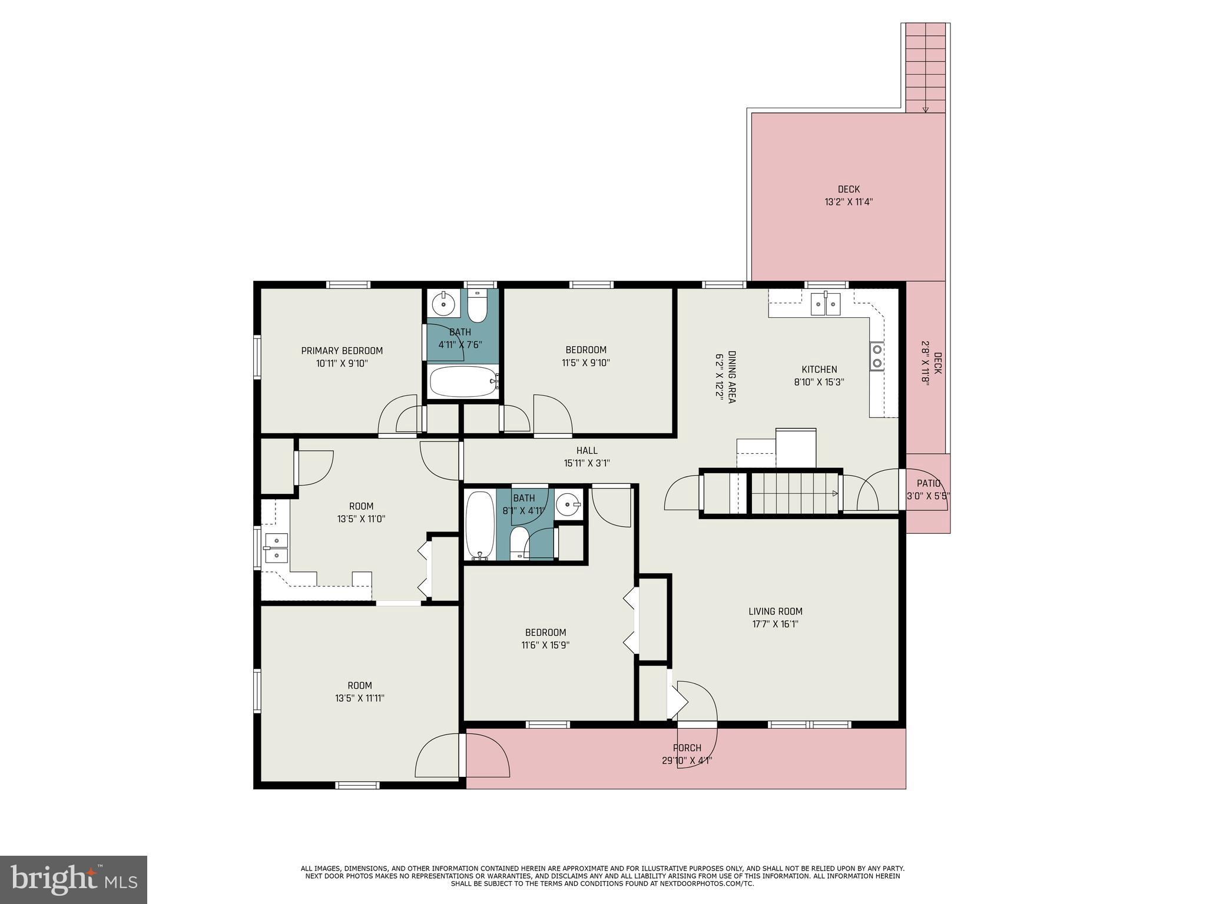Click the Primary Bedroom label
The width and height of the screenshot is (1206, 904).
pos(342,351)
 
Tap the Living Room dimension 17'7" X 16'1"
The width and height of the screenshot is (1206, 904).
pos(775,624)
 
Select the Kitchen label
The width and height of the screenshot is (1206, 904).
pos(819,370)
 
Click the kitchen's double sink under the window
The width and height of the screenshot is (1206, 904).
pos(826,304)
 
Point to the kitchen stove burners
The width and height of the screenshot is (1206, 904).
pos(877,356)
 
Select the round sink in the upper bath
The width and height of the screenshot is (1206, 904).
pos(443,305)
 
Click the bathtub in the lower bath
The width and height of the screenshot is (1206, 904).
pos(479,526)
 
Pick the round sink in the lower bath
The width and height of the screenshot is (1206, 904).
pos(569,504)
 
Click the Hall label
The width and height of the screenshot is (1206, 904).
pos(587,450)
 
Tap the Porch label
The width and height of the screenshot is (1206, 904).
pos(687,747)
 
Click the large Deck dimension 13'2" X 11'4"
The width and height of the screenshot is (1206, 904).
pos(848,202)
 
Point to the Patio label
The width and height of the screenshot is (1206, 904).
pos(928,483)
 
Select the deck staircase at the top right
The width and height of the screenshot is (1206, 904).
pos(925,68)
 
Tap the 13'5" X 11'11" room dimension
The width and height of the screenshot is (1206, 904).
pos(359,698)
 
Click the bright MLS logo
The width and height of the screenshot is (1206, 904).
pos(74,880)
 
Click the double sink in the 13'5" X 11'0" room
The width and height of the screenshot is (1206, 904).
pos(276,548)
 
